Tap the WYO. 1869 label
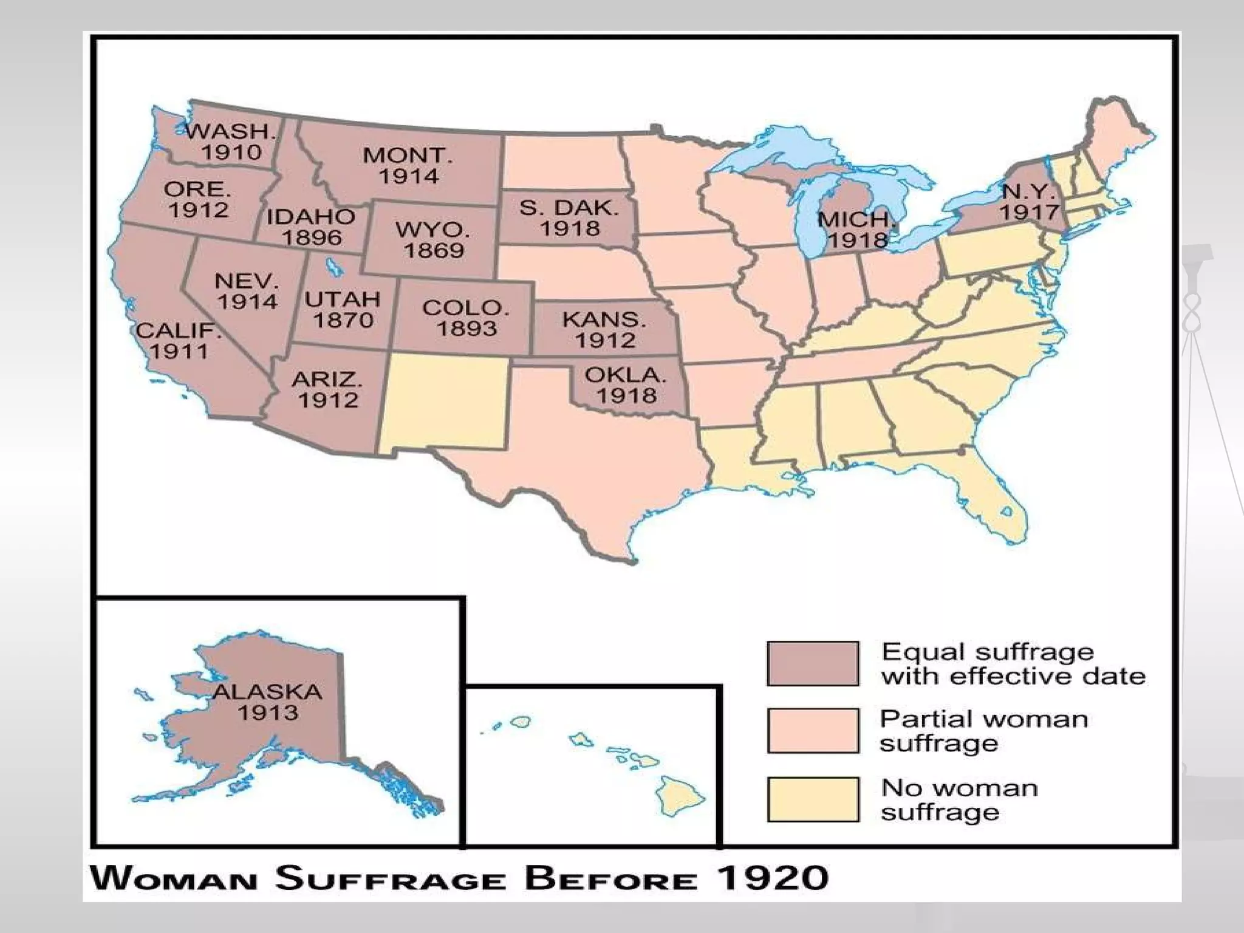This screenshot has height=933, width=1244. click(433, 240)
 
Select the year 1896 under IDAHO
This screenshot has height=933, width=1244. click(312, 238)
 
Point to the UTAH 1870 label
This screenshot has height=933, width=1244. click(343, 309)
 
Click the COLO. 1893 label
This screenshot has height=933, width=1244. click(466, 318)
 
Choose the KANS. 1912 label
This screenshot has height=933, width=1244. click(605, 329)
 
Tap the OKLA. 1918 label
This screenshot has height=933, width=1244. click(626, 385)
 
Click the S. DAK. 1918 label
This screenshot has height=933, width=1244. click(569, 218)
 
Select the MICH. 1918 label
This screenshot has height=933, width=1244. click(856, 230)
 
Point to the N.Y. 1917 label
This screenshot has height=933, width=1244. click(1029, 202)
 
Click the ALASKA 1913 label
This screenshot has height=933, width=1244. click(267, 702)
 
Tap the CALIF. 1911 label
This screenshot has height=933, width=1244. click(178, 341)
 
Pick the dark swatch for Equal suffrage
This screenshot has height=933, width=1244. click(813, 663)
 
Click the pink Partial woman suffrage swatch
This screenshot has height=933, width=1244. click(813, 730)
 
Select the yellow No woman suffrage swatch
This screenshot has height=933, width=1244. click(813, 799)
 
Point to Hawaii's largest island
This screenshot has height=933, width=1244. click(682, 796)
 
